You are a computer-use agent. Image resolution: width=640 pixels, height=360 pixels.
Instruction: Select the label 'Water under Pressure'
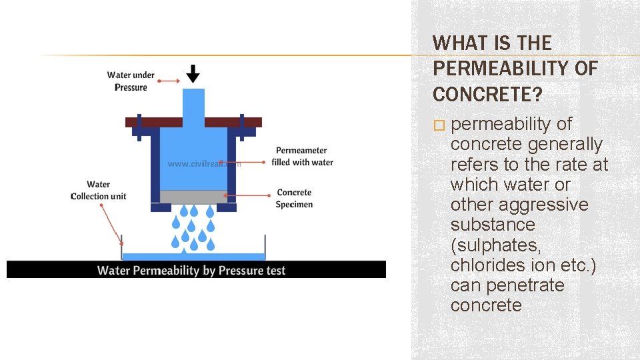tap(131, 81)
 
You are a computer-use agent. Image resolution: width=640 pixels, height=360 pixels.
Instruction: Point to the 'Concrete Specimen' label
tap(294, 199)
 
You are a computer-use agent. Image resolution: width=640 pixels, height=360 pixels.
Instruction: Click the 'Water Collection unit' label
tap(99, 190)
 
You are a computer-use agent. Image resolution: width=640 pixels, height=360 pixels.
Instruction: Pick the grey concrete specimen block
tap(193, 197)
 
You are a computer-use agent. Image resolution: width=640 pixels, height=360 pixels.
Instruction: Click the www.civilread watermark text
tap(200, 163)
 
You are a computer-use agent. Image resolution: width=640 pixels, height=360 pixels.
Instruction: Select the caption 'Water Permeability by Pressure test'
tap(191, 270)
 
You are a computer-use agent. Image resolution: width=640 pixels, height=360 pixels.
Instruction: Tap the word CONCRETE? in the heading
tap(487, 95)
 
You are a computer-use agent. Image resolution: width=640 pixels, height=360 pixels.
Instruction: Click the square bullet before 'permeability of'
tap(438, 125)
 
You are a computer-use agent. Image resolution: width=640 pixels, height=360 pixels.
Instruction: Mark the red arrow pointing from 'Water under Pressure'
tap(168, 81)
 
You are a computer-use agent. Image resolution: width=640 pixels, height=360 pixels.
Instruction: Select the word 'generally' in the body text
tap(565, 144)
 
